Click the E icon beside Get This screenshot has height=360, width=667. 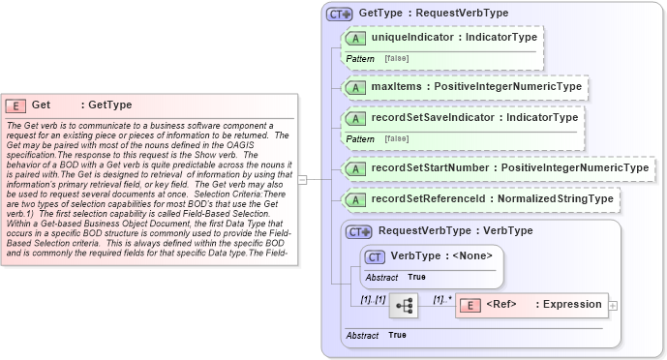pos(16,105)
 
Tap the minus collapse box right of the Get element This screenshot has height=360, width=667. pos(302,179)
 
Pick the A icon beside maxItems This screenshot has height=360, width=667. pos(355,87)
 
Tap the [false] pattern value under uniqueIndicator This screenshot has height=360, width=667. pos(395,59)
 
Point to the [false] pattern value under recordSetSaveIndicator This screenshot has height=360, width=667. pos(395,139)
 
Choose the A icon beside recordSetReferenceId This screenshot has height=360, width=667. pos(355,199)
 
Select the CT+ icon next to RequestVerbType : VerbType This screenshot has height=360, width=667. pos(359,232)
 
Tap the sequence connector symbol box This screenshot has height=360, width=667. pos(403,306)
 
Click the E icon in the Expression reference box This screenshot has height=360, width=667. pos(470,305)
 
